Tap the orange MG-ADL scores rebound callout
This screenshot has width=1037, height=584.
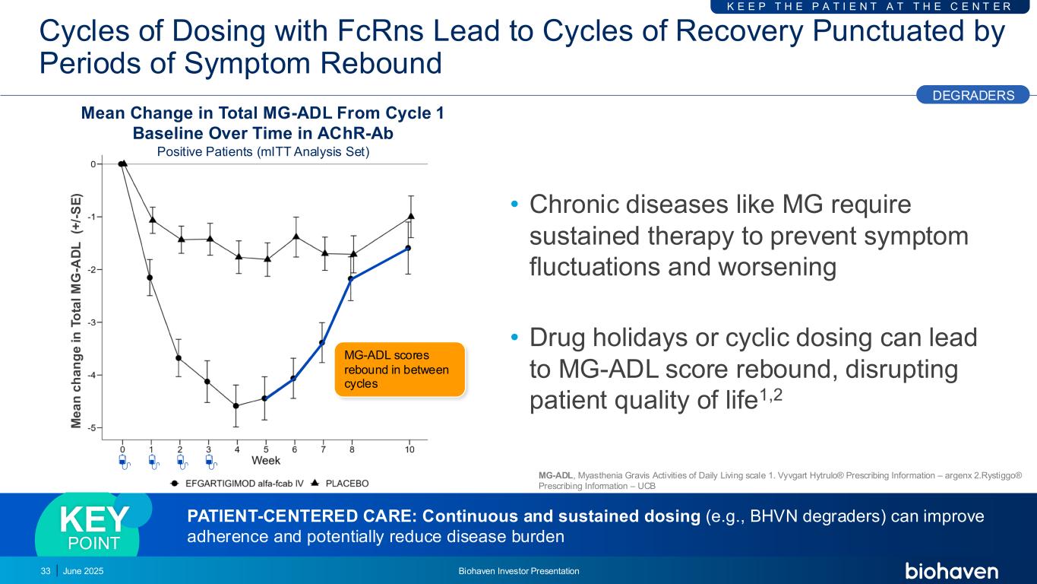tap(400, 369)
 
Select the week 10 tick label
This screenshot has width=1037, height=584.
tap(409, 449)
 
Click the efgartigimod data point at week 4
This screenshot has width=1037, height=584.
tap(236, 406)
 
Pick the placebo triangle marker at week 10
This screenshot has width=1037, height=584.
tap(411, 216)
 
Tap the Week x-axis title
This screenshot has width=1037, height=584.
tap(266, 460)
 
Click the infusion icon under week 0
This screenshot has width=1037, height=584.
tap(125, 462)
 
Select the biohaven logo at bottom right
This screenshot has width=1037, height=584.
tap(951, 571)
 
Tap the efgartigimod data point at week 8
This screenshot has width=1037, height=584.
tap(351, 278)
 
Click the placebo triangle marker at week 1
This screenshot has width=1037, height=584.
tap(152, 220)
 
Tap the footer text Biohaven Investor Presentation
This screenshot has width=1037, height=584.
tap(519, 571)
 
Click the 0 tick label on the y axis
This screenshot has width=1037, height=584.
tap(93, 164)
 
